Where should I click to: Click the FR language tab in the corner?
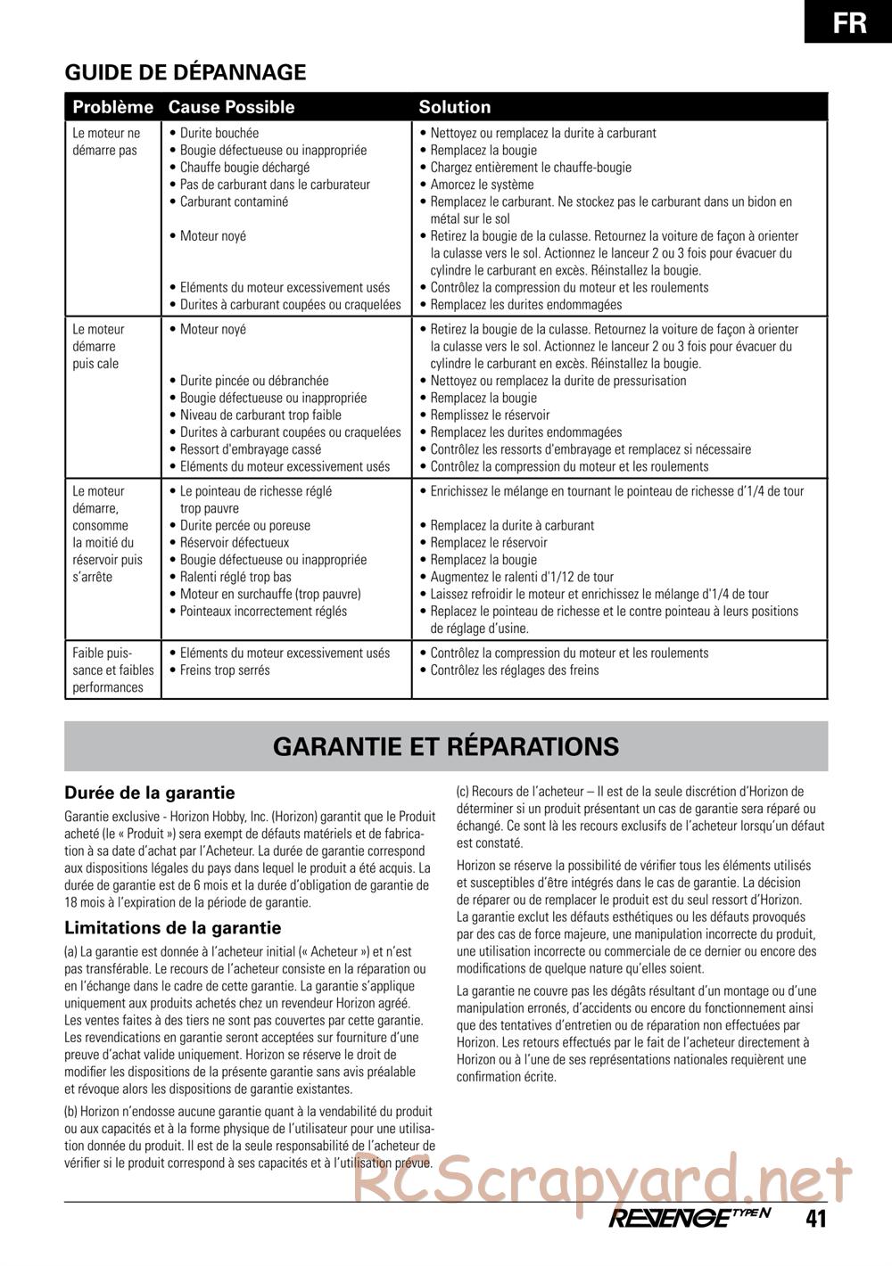pos(850,21)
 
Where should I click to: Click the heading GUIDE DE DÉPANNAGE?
pos(186,73)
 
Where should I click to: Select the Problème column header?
pos(113,107)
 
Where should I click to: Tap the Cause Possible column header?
pos(231,107)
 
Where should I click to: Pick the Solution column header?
pos(455,107)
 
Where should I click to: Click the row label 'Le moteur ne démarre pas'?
pos(106,142)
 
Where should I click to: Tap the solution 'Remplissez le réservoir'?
pos(490,415)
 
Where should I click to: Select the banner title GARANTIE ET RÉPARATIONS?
pos(446,746)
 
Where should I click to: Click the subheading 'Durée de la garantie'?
pos(150,793)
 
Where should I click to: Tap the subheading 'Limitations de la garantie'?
pos(173,928)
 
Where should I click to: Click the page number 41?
pos(814,1219)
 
